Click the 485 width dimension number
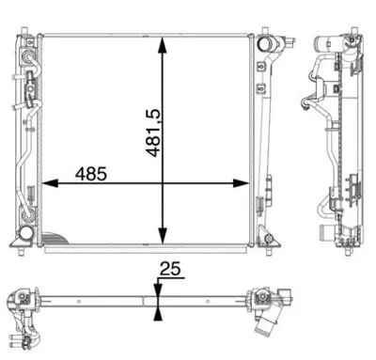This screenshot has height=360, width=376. [x=91, y=174]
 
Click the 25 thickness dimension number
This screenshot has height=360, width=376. [x=170, y=270]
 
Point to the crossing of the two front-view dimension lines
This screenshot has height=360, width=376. [x=164, y=183]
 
